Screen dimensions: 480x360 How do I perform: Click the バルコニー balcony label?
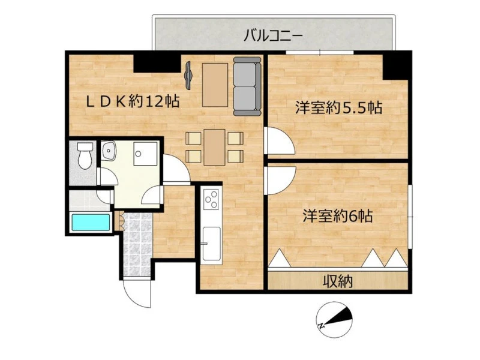[273, 36]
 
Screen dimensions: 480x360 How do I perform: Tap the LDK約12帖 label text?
[133, 101]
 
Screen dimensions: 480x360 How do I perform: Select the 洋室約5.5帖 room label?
[338, 107]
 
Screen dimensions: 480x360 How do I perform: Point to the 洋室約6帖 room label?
[338, 216]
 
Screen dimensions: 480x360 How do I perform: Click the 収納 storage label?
[338, 281]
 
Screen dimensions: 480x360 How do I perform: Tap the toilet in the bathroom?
[85, 155]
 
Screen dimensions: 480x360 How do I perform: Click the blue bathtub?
[91, 222]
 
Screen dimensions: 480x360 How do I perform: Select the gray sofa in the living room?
[247, 86]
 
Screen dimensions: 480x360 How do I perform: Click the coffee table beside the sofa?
[215, 85]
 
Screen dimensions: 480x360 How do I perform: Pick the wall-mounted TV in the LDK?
[188, 76]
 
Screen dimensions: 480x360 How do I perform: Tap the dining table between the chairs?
[215, 147]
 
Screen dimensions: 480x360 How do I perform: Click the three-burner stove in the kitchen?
[211, 199]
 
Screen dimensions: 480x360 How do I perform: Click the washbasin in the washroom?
[108, 151]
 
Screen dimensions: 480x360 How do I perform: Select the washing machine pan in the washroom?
[145, 154]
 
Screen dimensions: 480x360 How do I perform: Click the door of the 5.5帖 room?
[279, 140]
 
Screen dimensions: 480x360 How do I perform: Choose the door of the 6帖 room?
[280, 181]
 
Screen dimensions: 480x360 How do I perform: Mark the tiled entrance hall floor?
[137, 244]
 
